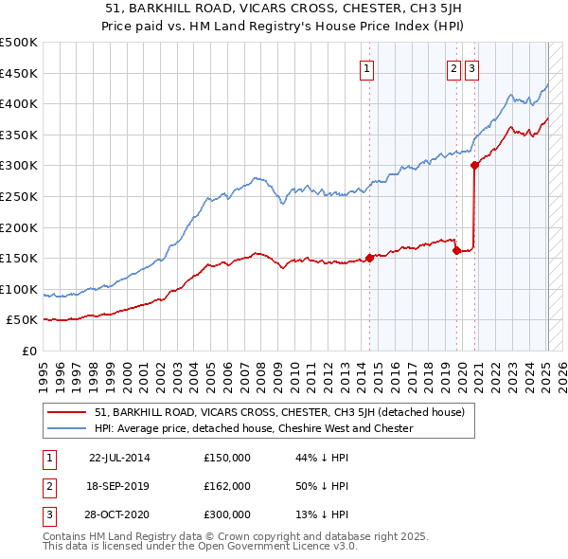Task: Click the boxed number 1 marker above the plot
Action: tap(365, 67)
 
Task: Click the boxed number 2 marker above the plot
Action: tap(454, 67)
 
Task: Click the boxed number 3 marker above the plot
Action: tap(471, 67)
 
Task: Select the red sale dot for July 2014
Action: tap(369, 258)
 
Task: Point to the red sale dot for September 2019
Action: tap(456, 251)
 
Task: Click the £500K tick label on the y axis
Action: tap(19, 43)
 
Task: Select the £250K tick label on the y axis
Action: tap(19, 196)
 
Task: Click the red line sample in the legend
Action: tap(66, 413)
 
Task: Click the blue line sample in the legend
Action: tap(66, 428)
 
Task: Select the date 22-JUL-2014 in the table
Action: tap(119, 458)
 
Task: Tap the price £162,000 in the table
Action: tap(227, 486)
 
